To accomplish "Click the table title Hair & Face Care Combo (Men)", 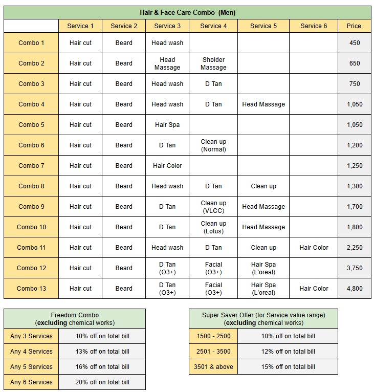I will coord(187,12).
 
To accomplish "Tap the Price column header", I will coord(354,26).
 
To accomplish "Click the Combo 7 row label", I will coord(31,166).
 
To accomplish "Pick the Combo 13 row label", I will coord(31,289).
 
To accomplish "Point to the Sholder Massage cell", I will coord(213,63).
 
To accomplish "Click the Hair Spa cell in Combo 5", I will coord(167,125).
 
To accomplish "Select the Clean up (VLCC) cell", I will coord(213,207).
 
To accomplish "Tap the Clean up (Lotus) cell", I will coord(213,227).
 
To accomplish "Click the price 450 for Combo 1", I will coord(354,43).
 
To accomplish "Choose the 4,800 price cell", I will coord(354,289).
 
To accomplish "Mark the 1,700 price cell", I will coord(354,207).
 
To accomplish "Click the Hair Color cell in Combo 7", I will coord(167,166).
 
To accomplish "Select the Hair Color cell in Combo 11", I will coord(314,248).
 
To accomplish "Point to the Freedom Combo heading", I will coord(75,319).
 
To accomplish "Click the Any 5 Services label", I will coord(31,367).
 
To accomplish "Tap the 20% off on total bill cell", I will coord(102,382).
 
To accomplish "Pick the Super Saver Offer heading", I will coord(263,319).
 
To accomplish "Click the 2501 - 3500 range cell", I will coord(213,352).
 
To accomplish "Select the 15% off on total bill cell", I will coord(288,367).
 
